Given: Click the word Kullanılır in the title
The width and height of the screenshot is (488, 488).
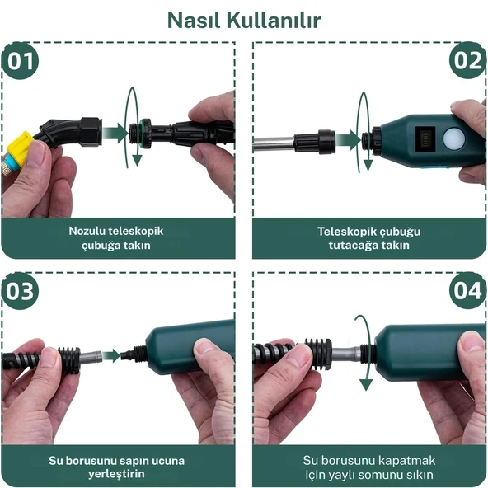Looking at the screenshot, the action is tap(274, 21).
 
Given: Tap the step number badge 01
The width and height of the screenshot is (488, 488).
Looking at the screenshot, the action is tap(21, 61).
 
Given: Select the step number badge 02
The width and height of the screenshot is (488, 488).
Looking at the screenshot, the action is tap(467, 60).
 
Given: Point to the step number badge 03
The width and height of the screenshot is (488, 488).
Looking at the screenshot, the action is tap(21, 291).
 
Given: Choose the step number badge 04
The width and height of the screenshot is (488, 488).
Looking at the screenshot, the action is tap(467, 290).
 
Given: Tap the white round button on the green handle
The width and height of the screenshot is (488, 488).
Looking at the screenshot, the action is tap(453, 138).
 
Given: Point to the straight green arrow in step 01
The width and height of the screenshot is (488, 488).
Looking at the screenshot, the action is tap(115, 134).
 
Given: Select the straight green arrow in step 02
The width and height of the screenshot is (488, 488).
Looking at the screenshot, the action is tap(348, 140).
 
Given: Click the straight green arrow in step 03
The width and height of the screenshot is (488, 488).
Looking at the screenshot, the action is tap(111, 355).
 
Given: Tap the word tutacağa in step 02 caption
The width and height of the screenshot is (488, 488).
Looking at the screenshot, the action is tap(353, 246).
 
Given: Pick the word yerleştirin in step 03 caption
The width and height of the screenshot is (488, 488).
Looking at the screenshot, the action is tap(116, 474).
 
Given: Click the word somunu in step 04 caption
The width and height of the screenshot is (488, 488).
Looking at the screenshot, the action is tap(390, 475).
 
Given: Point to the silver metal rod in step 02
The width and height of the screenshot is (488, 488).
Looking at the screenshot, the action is tap(274, 143).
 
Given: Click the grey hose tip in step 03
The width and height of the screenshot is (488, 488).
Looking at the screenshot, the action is tap(91, 356).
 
